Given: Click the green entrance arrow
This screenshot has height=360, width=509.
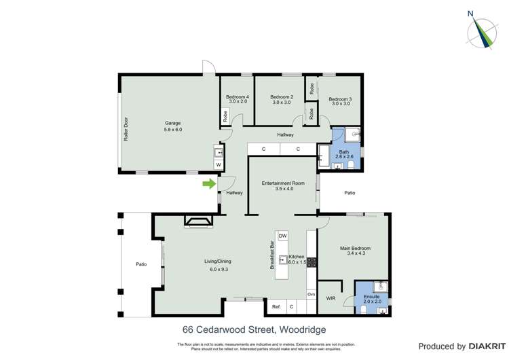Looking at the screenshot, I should point(209,183).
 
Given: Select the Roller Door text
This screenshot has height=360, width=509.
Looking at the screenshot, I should point(126,130).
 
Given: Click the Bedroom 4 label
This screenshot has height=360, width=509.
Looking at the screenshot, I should point(238,100).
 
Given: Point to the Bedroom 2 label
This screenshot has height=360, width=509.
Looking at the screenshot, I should point(282,100).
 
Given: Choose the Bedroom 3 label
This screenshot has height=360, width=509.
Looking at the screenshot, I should point(341,101).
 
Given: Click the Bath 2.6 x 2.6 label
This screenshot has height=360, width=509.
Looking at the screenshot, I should point(344,154).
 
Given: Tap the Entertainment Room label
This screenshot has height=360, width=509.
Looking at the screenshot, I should point(284,185).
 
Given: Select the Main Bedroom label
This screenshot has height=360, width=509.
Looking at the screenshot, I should point(356,251).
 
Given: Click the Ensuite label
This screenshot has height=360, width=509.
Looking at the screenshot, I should point(373,298).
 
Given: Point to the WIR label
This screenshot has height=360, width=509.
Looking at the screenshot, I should point(331,298).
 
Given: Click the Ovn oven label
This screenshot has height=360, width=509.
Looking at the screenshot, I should point(311,293).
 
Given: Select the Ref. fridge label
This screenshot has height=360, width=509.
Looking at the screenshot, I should point(276,307).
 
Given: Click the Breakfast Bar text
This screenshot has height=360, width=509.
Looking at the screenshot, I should point(272,256).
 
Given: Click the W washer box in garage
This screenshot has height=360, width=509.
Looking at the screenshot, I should point(219,164).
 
